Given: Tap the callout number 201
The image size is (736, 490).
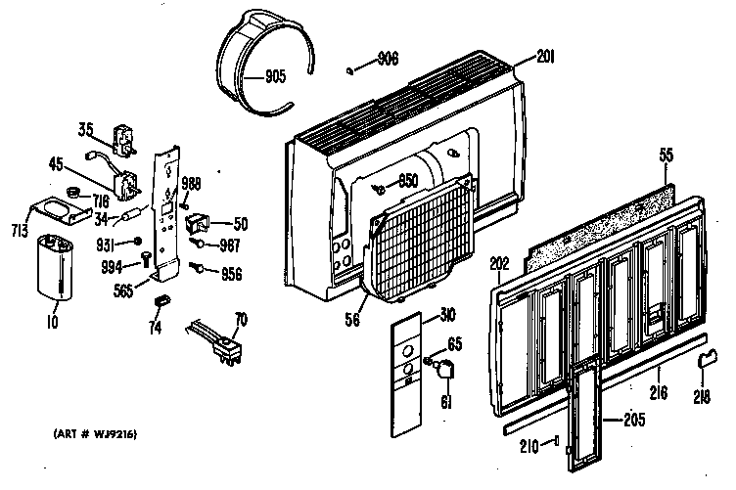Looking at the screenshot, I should [x=545, y=58].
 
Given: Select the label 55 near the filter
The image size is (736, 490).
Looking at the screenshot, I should [x=666, y=156].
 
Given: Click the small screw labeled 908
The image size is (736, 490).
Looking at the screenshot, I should [x=349, y=68].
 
